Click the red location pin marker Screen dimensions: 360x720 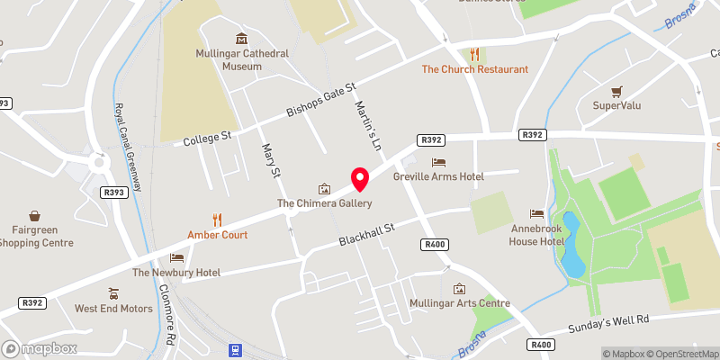pos(360,179)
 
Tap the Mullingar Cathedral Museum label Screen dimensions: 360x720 pos(242,59)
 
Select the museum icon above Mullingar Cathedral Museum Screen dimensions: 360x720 pos(242,39)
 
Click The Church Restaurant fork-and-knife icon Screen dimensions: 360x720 pos(474,53)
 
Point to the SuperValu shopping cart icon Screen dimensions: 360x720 pos(616,91)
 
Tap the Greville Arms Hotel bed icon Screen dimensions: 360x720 pos(438,162)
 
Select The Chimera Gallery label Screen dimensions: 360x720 pos(324,204)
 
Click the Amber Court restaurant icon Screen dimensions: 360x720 pos(216,219)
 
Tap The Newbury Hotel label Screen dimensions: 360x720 pos(176,273)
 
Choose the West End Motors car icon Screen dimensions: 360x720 pos(112,293)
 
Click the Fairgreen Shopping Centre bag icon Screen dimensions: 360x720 pos(34,216)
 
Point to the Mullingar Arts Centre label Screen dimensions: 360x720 pos(459,303)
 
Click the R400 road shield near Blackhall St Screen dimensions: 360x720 pos(434,244)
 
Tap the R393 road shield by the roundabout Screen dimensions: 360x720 pos(113,192)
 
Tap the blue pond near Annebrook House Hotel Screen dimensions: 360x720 pos(571,246)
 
